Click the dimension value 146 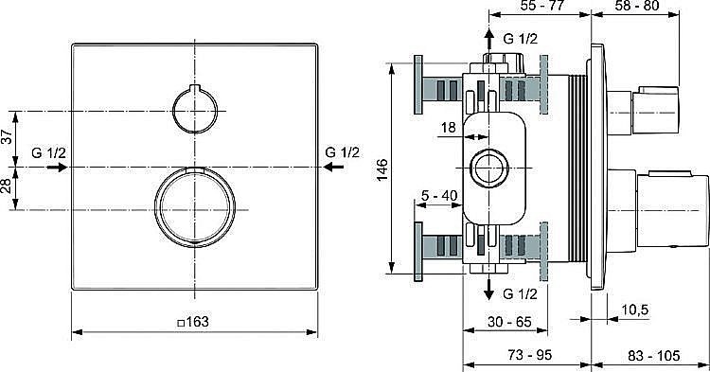(x=382, y=168)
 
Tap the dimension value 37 (x=9, y=137)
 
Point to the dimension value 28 (x=9, y=187)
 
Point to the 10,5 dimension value (x=636, y=309)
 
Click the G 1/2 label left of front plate (x=49, y=151)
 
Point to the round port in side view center (x=489, y=168)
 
